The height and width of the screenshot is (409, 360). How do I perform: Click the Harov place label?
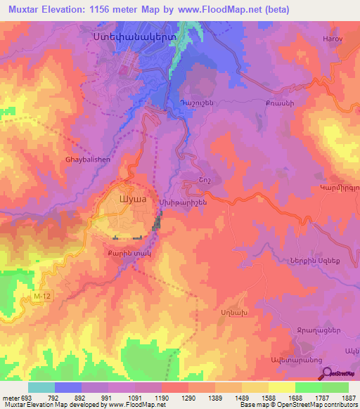[332, 39]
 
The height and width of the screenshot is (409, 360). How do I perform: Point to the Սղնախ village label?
[233, 310]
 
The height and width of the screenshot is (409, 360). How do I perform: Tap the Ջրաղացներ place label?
[318, 329]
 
